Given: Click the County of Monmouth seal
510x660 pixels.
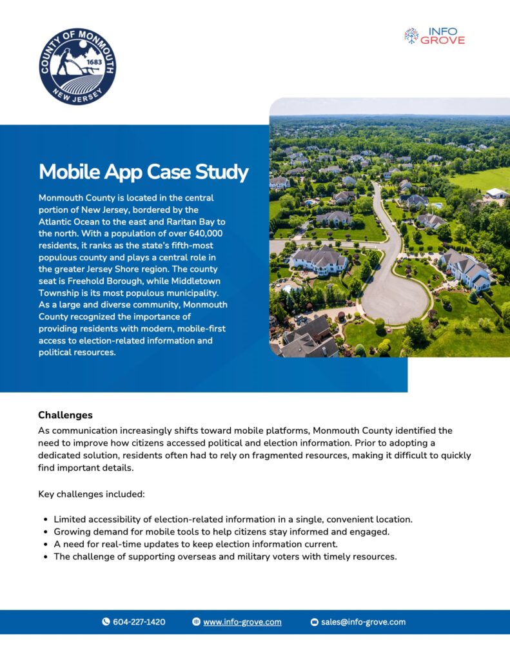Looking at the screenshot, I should (x=77, y=66).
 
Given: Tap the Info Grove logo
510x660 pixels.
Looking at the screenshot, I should (x=434, y=35).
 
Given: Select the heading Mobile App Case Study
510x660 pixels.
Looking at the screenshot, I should (x=143, y=172).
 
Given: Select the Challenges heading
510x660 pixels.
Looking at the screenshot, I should (x=65, y=415).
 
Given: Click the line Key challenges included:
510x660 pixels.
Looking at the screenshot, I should (x=92, y=494).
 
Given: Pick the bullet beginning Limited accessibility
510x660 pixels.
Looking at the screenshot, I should (x=233, y=519).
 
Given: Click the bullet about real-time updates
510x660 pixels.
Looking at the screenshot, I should (x=195, y=544).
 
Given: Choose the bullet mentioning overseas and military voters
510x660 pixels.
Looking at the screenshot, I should (x=225, y=556).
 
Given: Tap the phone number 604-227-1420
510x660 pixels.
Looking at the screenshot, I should (x=139, y=622).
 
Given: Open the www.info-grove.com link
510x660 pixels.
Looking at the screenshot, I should (x=242, y=622).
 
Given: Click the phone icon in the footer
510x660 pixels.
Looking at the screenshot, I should (x=106, y=622).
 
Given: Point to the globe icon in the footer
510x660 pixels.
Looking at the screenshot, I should (x=196, y=622).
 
